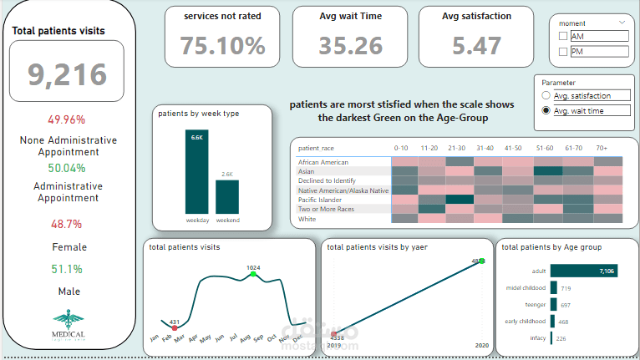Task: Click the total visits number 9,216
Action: coord(67,75)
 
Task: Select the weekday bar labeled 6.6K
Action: coord(197,171)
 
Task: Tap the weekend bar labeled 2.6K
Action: coord(227,195)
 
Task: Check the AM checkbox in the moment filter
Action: coord(562,36)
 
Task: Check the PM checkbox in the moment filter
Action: coord(562,53)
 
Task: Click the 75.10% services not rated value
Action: coord(223,45)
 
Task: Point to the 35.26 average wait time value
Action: coord(350,45)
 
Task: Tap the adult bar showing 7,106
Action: coord(583,271)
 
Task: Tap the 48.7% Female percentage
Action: coord(67,225)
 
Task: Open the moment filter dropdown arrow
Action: coord(622,23)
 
